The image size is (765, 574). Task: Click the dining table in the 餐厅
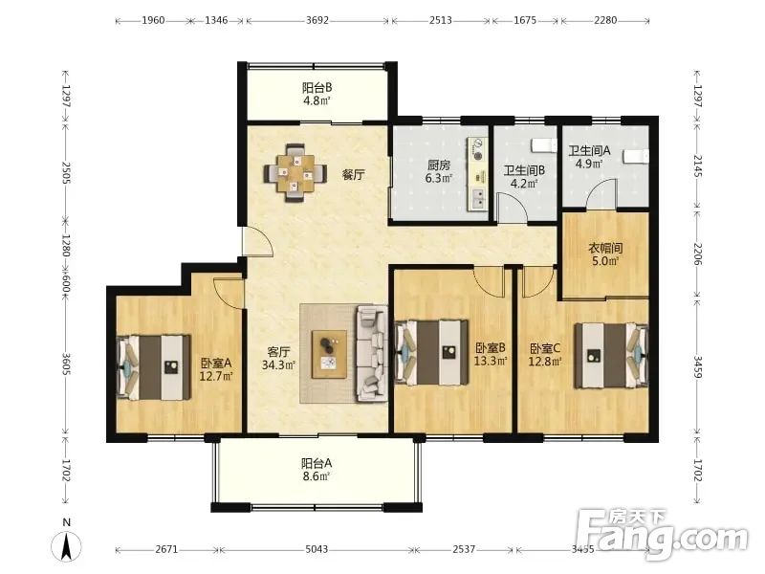click(295, 173)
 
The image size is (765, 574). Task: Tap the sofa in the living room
click(373, 353)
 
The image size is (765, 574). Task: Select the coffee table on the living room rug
click(329, 354)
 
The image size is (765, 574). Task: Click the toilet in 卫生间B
click(543, 145)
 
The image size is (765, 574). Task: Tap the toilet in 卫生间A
click(636, 155)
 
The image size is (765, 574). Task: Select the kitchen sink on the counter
click(479, 199)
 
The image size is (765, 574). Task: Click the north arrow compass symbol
click(67, 546)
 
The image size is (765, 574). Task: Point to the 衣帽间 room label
click(605, 248)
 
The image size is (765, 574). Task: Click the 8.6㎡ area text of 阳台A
click(317, 475)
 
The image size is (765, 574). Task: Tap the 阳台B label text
click(317, 88)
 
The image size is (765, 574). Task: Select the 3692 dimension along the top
click(317, 20)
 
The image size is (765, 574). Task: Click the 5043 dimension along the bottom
click(317, 549)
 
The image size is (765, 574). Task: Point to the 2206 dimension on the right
click(698, 254)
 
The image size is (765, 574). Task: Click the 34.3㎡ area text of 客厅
click(279, 364)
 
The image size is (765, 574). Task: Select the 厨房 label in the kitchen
click(438, 165)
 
